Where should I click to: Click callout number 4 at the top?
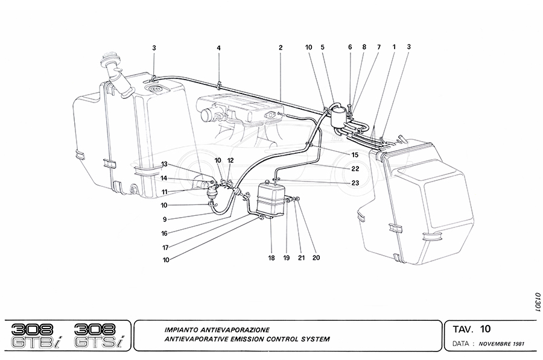[x=219, y=47]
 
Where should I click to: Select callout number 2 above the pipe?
[x=281, y=47]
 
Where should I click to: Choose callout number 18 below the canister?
[x=271, y=258]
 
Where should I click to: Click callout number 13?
[x=164, y=165]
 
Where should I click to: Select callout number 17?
[x=164, y=247]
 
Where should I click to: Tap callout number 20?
[x=316, y=258]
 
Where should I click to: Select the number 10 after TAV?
[x=486, y=329]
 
